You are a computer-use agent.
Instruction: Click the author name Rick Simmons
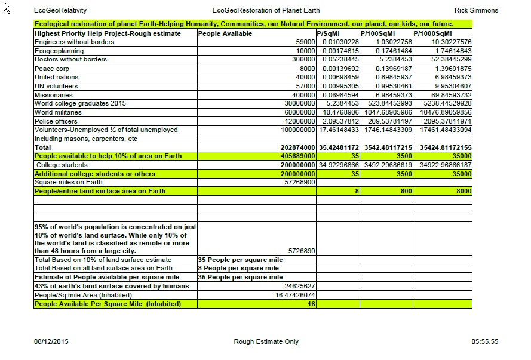476,10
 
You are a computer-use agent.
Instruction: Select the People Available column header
225,33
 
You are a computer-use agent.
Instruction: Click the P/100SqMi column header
377,33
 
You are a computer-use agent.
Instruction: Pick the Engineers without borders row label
74,42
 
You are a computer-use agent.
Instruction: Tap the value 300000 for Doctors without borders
303,60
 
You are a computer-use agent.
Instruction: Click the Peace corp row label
52,69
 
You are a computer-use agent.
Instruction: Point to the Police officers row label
56,121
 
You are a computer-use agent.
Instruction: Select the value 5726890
302,251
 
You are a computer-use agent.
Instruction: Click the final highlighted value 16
311,304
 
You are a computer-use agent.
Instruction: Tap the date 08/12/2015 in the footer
51,341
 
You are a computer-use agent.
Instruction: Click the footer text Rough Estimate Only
266,341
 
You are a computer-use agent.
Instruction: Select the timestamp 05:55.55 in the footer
484,341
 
